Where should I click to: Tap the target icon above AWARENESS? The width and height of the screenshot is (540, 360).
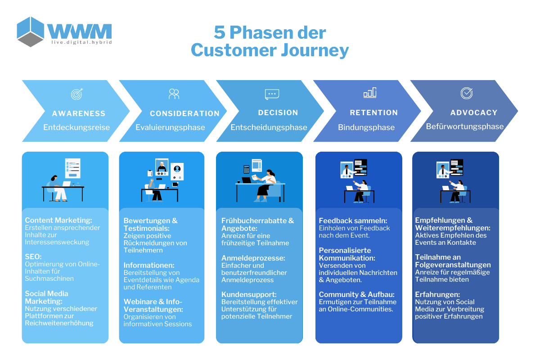[77, 94]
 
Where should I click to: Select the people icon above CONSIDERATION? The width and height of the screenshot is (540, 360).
[174, 94]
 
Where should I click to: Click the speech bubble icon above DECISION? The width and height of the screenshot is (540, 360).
[272, 94]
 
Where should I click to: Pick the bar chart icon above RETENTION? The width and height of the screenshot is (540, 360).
[370, 93]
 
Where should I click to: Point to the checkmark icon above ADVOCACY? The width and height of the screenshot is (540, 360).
[467, 93]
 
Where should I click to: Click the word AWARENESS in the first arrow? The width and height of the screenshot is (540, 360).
[79, 113]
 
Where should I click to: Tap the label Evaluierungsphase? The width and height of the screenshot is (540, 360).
[170, 127]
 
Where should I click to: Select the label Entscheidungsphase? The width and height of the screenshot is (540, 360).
[269, 127]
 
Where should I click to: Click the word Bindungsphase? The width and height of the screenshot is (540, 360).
[366, 127]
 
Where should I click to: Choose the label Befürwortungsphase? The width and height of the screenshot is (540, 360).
[465, 126]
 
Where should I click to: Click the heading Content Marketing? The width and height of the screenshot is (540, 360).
[58, 220]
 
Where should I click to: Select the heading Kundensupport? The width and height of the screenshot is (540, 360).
[249, 294]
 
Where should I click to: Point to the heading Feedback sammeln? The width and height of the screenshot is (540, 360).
[353, 220]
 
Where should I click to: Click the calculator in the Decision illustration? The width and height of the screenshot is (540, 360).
[246, 169]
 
